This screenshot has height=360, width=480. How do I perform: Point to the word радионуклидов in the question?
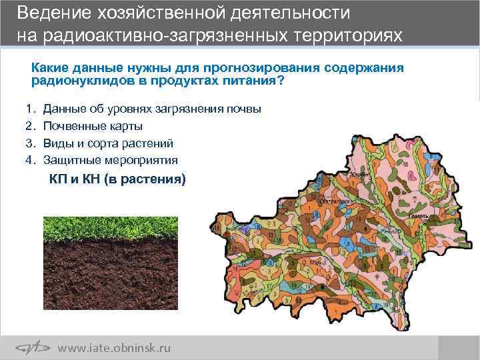point(75,81)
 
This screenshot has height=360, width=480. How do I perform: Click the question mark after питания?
point(281,81)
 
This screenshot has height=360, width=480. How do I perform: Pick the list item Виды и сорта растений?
point(109,143)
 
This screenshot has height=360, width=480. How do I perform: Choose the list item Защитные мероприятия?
point(111,160)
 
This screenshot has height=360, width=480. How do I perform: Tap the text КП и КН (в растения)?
point(117,179)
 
